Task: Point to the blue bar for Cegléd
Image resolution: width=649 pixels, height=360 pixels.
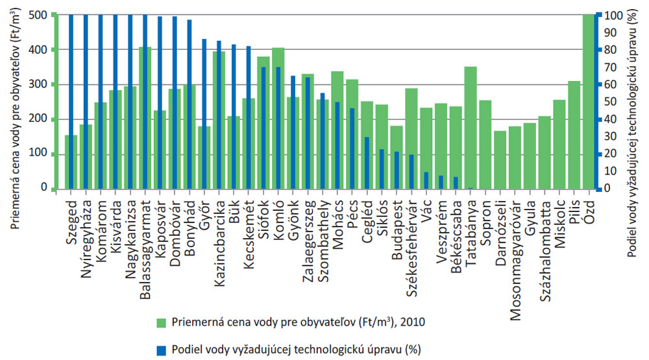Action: [367, 163]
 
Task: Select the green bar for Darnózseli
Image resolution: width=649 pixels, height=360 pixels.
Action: [500, 160]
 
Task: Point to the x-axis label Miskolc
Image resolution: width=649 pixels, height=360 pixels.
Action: [559, 217]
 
